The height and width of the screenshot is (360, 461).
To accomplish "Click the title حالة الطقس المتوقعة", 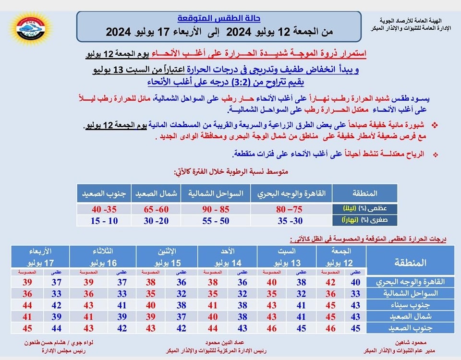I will tap(219, 19).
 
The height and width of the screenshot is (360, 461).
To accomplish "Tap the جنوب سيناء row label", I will tap(411, 305).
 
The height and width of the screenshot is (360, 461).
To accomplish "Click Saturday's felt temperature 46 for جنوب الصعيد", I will tap(271, 328).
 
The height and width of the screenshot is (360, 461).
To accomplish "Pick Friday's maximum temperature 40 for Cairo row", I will tap(355, 282).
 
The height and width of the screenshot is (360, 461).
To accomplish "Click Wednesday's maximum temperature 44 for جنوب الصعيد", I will tap(57, 328).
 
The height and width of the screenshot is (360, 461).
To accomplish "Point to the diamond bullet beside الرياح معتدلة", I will tap(436, 155).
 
